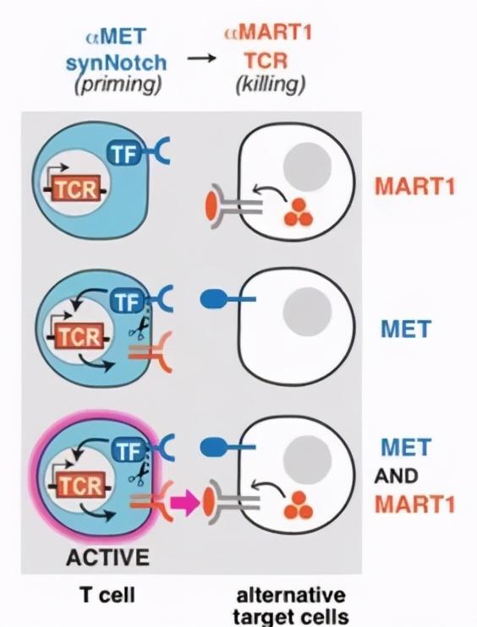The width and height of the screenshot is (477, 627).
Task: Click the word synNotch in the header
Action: coord(116,63)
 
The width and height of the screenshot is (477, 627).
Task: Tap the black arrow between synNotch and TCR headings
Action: coord(201,59)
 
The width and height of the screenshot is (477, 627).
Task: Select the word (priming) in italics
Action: coord(118,85)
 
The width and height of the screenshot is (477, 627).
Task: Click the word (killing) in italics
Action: coord(271,85)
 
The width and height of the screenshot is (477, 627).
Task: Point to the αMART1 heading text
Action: coord(268,33)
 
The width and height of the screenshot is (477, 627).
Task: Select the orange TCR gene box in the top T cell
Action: coord(76,189)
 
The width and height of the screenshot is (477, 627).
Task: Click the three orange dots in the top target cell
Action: coord(299,213)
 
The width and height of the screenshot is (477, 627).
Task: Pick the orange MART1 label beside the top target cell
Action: coord(415,186)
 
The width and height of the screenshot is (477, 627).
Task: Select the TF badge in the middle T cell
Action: coord(128,302)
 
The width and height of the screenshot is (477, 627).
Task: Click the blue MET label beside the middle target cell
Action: coord(406,329)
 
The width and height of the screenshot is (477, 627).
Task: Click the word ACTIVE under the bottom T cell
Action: coord(107,557)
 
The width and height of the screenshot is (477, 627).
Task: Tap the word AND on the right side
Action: coord(396,476)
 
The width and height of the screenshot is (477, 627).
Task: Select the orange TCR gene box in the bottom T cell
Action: coord(80,486)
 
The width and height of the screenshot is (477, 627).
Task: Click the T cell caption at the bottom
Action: coord(107,595)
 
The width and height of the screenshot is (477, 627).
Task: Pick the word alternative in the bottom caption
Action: coord(291,595)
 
